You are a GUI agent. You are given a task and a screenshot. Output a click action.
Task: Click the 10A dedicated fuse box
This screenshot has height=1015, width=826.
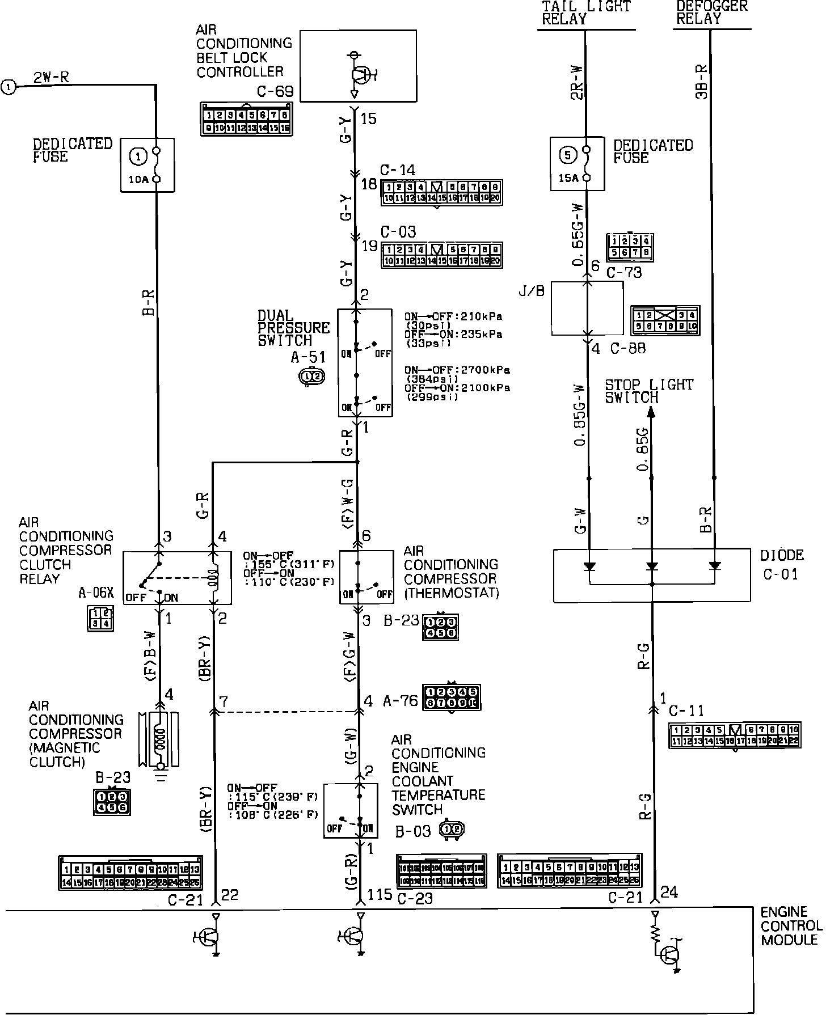pyautogui.click(x=147, y=165)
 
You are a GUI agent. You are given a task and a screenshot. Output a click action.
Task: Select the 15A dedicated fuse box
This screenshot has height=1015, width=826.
pyautogui.click(x=577, y=163)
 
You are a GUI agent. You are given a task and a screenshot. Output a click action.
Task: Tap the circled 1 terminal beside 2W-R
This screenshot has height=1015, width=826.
pyautogui.click(x=9, y=87)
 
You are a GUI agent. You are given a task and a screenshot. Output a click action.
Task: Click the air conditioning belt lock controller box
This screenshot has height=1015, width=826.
pyautogui.click(x=357, y=66)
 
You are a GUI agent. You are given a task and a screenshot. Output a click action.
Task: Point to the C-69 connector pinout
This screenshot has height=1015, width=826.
pyautogui.click(x=246, y=119)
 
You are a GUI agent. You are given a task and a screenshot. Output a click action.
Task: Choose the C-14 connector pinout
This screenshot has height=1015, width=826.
pyautogui.click(x=441, y=193)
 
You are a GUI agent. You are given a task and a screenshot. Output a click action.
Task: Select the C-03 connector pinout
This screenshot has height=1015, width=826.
pyautogui.click(x=441, y=255)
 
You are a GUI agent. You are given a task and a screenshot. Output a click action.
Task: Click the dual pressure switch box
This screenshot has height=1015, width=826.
pyautogui.click(x=365, y=363)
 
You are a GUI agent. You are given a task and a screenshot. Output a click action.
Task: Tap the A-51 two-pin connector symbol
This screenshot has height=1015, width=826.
pyautogui.click(x=312, y=376)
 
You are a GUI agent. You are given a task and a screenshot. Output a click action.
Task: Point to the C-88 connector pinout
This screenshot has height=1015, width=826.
pyautogui.click(x=665, y=320)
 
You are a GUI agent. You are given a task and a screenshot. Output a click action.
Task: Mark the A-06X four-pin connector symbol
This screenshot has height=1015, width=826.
pyautogui.click(x=100, y=619)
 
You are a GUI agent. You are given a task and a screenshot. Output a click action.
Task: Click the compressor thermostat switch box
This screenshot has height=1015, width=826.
pyautogui.click(x=366, y=577)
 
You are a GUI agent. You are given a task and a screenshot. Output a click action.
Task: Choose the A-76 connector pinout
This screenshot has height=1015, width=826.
pyautogui.click(x=452, y=697)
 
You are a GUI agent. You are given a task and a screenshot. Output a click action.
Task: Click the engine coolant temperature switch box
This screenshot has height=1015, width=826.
pyautogui.click(x=350, y=811)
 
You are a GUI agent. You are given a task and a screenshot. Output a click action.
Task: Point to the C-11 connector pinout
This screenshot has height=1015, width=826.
pyautogui.click(x=734, y=736)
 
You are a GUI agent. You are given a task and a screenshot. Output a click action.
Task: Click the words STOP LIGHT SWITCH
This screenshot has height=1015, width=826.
pyautogui.click(x=648, y=391)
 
